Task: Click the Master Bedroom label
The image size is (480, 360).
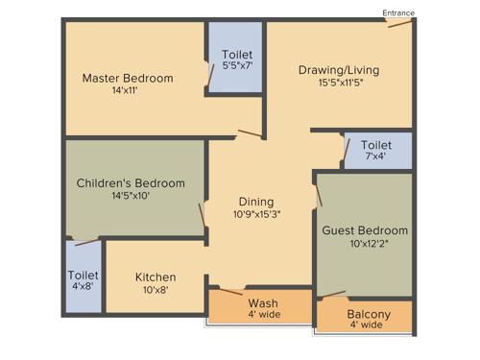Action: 127,78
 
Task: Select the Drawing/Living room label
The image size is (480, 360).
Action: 338,69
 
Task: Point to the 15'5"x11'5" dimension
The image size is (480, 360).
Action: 338,82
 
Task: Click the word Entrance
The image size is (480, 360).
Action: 398,12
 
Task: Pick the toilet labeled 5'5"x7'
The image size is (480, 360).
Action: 237,60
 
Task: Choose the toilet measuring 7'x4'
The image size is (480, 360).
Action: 376,150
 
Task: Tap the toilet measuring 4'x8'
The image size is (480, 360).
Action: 83,279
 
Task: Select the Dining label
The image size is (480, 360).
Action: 257,202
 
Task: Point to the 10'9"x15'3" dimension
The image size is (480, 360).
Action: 257,214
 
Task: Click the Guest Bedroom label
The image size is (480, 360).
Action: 364,230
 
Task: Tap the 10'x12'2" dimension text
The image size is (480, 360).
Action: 364,243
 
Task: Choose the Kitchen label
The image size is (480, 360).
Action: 156,277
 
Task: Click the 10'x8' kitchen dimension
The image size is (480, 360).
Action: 156,290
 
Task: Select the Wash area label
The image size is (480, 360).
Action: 262,303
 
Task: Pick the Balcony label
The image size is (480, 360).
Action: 368,314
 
